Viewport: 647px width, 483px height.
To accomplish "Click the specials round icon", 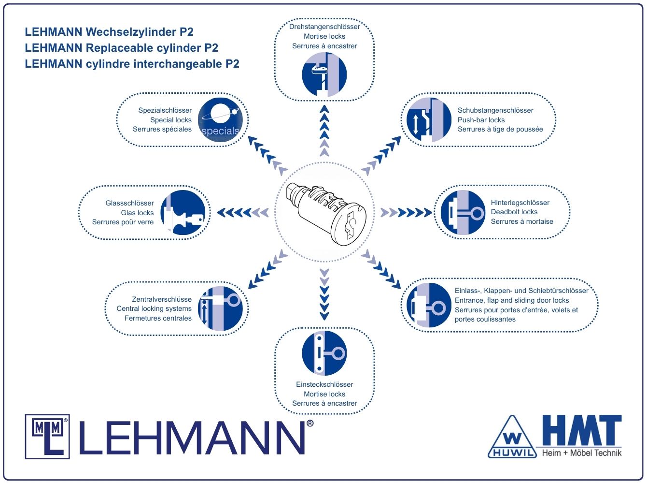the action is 220,120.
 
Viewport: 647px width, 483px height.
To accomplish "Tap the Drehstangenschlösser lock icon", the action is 324,74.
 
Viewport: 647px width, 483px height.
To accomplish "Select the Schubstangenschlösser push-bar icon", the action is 429,120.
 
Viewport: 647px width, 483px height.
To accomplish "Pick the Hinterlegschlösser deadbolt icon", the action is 463,212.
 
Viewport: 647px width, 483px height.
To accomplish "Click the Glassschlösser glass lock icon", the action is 183,212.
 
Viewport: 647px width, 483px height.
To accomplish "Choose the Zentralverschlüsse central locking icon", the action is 220,308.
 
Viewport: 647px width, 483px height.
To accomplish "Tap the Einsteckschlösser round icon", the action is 324,353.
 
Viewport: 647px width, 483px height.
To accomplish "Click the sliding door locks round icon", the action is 429,305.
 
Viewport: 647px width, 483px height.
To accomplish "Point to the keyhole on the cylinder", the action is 350,225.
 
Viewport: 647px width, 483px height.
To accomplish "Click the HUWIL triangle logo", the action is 512,437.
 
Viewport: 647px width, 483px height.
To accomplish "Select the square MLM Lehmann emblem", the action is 47,437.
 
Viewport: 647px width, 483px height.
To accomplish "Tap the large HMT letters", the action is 582,430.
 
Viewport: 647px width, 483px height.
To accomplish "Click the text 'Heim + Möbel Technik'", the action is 581,453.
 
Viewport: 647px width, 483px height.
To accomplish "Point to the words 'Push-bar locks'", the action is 481,120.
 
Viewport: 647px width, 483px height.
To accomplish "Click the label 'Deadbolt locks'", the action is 514,212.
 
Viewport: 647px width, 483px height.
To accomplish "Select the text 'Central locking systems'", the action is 154,308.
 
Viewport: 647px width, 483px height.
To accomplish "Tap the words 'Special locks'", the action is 170,120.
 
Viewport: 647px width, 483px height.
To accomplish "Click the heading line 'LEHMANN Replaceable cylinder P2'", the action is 122,48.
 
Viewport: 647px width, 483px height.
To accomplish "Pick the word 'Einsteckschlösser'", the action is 324,384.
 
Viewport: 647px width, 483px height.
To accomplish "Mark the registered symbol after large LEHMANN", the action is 310,424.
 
